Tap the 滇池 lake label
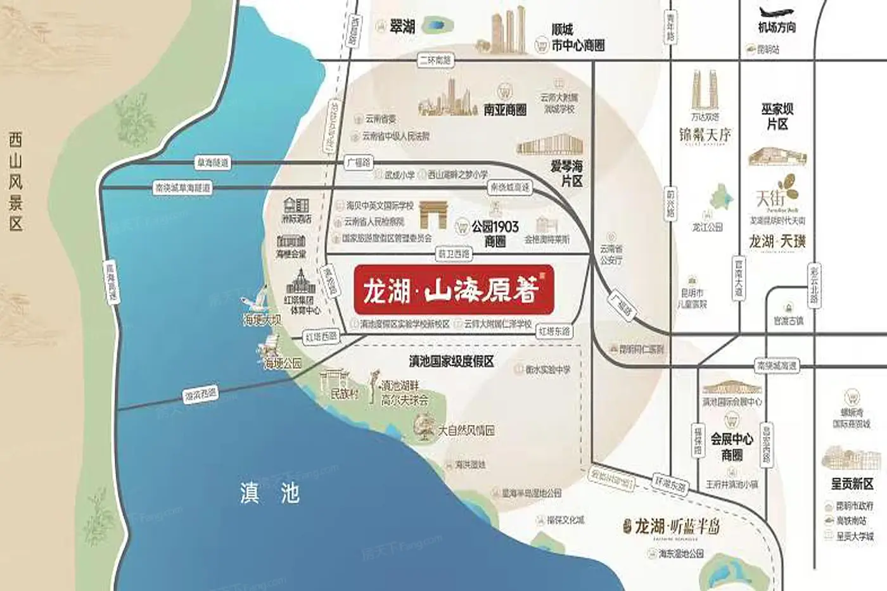point(269,492)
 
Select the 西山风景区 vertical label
point(16,181)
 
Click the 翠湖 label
point(403,26)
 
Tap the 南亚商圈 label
point(505,110)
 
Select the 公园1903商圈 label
point(495,233)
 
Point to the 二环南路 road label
point(435,60)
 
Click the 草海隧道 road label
point(212,163)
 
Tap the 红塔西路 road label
point(321,337)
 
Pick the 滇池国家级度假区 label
point(451,361)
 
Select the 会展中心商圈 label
point(732,447)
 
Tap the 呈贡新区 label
point(852,484)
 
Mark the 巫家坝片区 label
point(777,117)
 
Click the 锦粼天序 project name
point(705,135)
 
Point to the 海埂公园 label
point(283,364)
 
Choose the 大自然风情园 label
point(466,430)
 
